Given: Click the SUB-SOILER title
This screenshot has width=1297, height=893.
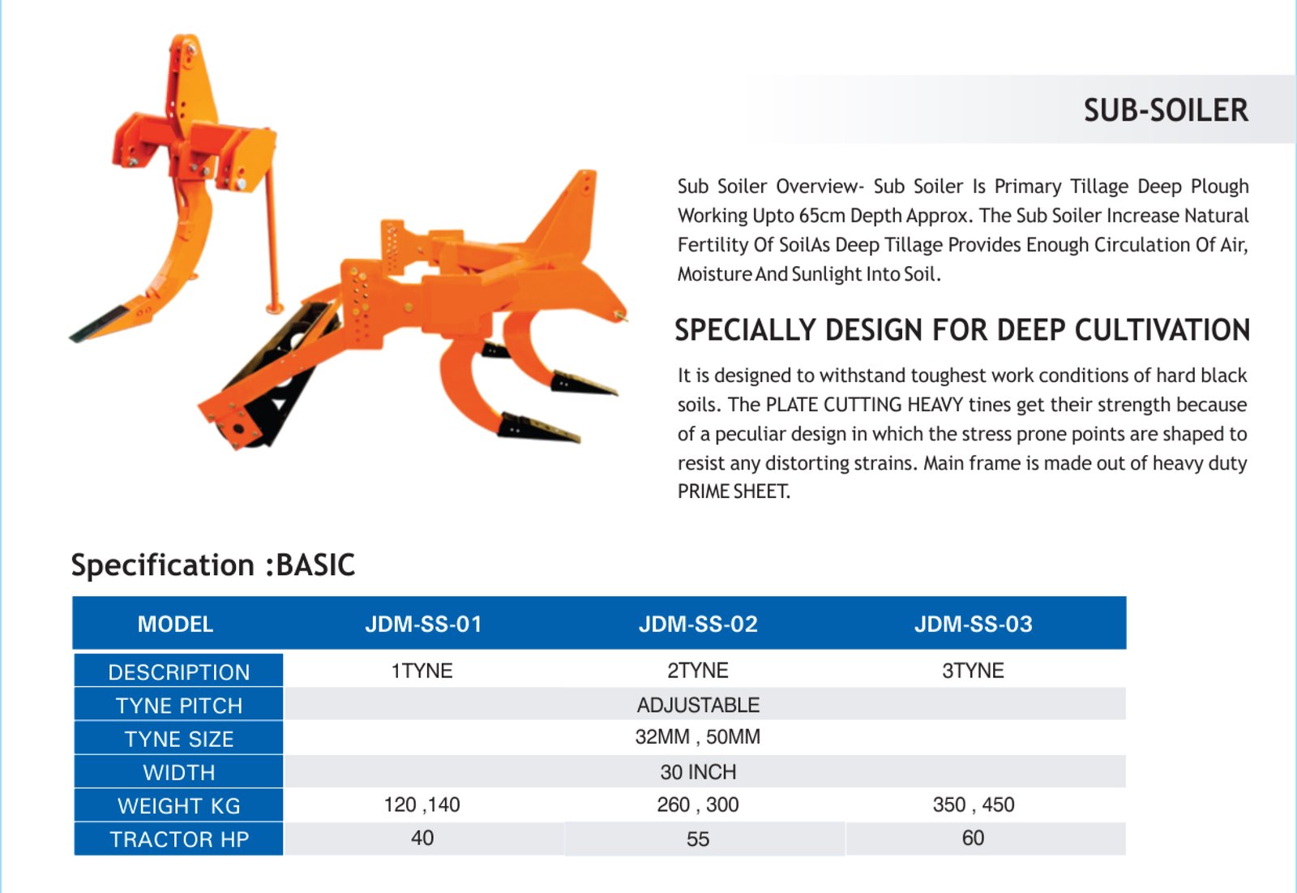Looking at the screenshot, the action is (1166, 110).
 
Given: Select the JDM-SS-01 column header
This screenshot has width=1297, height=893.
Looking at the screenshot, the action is (423, 624).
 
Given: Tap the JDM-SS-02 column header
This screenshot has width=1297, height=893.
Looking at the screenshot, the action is (698, 624).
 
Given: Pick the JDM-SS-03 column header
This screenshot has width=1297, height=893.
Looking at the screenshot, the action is (973, 624).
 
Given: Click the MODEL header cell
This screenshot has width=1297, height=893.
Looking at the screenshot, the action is (175, 624).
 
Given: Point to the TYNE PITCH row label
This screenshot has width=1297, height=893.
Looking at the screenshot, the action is (179, 706).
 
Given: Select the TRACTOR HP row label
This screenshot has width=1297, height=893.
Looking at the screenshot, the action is (179, 839).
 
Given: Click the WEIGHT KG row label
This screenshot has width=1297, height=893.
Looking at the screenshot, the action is (179, 805).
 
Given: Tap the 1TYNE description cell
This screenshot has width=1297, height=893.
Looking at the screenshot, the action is (422, 671).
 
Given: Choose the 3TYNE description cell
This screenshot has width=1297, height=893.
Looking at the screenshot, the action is (973, 671).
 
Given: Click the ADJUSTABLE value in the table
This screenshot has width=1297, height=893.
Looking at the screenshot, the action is (698, 705).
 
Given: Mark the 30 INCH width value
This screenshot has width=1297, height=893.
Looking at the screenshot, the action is (698, 772).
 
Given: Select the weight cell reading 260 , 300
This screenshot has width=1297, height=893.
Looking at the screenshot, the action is (698, 805).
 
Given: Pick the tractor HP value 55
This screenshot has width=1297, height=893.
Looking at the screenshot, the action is (698, 839).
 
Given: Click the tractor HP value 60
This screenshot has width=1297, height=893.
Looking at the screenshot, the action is (973, 838).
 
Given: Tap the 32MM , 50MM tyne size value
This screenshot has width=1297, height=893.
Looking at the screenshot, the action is (698, 737).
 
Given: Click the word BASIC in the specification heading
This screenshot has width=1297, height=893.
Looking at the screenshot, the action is (315, 565).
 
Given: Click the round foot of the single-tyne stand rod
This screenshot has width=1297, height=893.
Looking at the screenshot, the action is (275, 307).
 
